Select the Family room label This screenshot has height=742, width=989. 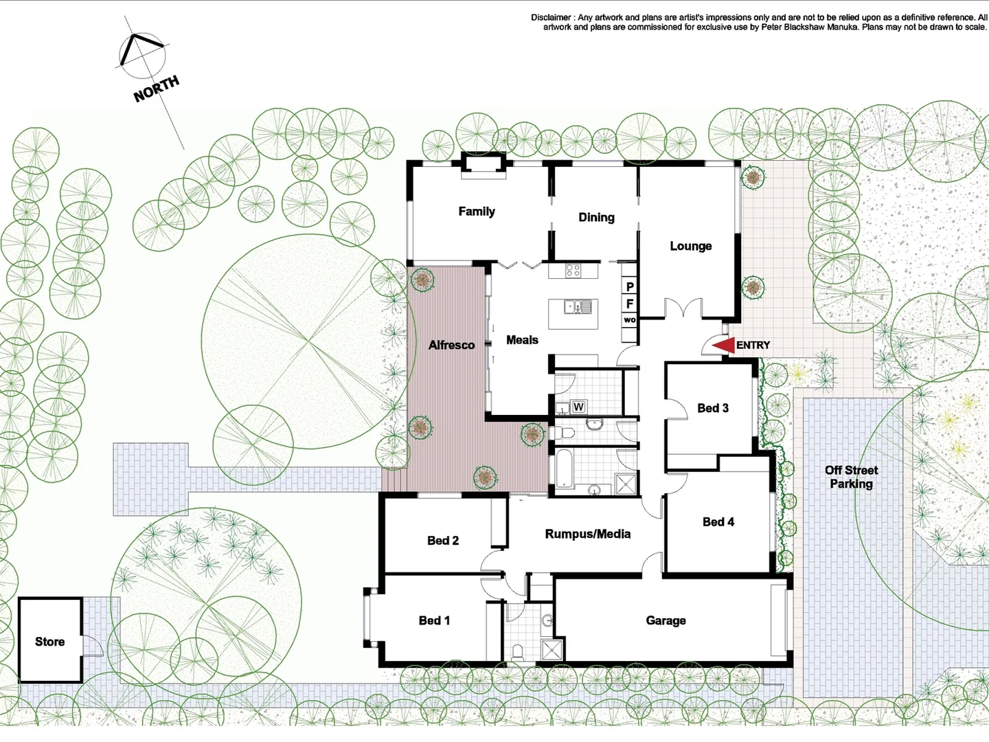point(477,212)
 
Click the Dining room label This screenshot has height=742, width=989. point(596,217)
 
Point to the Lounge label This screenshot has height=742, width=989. point(690,246)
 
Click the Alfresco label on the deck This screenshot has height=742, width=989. point(451,345)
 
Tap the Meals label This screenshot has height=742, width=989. point(522,339)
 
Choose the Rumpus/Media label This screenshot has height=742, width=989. point(587,534)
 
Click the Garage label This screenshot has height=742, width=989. point(666,620)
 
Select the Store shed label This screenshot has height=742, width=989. point(49,642)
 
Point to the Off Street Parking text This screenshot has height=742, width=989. point(851,477)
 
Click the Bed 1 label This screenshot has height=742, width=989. point(434,620)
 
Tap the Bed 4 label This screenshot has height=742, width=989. point(718,521)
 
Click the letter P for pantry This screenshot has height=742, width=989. point(630,286)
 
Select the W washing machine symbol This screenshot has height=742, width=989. point(578,407)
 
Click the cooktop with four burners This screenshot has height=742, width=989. point(573,270)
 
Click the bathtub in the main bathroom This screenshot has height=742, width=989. point(562,469)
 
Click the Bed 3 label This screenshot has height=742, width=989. point(712,408)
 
